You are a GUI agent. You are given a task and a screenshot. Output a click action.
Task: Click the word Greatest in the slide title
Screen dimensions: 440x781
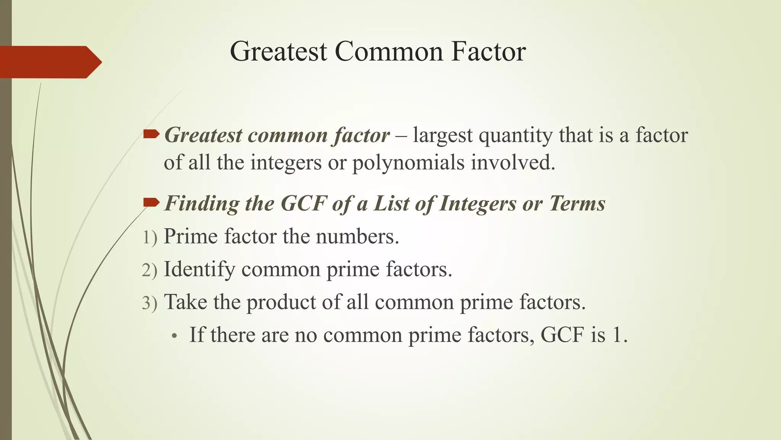click(x=278, y=52)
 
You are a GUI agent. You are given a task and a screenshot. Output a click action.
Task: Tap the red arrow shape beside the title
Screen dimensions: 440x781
click(x=50, y=62)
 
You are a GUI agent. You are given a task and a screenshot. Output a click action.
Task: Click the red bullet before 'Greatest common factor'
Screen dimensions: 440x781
click(x=151, y=134)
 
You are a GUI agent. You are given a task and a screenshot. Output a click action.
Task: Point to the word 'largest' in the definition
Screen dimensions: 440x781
click(x=442, y=136)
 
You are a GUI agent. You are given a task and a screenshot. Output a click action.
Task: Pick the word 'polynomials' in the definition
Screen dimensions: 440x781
click(x=408, y=163)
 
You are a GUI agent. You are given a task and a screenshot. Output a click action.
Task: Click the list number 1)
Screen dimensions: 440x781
click(x=149, y=238)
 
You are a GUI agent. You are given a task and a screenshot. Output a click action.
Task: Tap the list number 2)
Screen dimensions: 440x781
click(x=149, y=270)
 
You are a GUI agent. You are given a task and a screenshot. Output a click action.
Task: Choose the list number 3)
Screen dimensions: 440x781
click(x=149, y=303)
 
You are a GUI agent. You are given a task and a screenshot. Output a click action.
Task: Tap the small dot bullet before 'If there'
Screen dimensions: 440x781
click(x=175, y=336)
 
